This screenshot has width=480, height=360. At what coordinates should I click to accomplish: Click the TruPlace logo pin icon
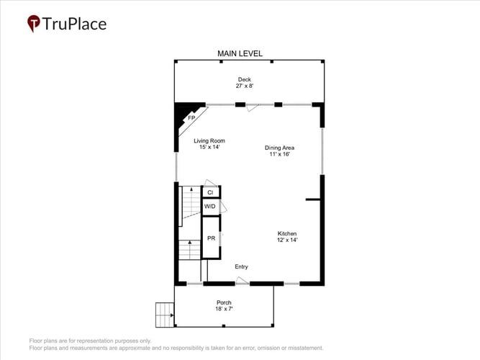(x=34, y=23)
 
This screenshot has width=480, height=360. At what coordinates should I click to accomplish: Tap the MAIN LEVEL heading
(x=240, y=53)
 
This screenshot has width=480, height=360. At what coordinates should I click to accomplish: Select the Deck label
(x=245, y=79)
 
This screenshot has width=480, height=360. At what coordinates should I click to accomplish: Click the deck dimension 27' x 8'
(x=245, y=86)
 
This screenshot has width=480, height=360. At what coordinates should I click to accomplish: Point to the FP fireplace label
(x=191, y=118)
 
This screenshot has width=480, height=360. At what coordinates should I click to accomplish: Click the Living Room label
(x=209, y=140)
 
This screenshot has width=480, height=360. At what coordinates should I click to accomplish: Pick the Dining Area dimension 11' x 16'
(x=279, y=154)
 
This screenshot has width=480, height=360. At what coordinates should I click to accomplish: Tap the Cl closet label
(x=210, y=192)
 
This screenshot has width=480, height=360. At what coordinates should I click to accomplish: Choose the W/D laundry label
(x=209, y=206)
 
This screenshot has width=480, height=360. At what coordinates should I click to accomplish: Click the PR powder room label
(x=212, y=238)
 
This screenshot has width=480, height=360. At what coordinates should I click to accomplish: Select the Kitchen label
(x=287, y=233)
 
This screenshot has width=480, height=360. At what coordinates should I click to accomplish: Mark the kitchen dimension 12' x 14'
(x=287, y=240)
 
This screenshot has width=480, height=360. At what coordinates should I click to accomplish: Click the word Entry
(x=241, y=266)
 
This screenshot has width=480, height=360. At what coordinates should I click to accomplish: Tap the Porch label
(x=224, y=302)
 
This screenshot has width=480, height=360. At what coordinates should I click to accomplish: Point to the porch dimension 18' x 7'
(x=224, y=309)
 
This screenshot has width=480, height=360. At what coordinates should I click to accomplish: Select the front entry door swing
(x=242, y=280)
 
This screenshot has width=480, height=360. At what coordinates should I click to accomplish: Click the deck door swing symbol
(x=253, y=108)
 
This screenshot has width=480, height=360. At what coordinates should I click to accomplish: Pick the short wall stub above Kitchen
(x=313, y=199)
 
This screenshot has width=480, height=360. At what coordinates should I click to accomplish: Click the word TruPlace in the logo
(x=74, y=24)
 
